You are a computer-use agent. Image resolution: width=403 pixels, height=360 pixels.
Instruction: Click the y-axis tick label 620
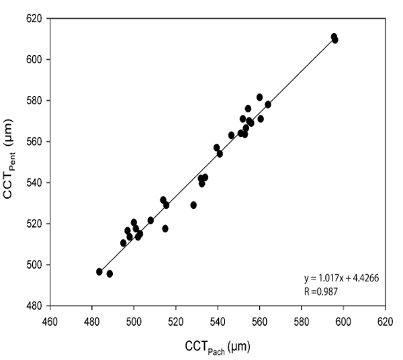pos(32,18)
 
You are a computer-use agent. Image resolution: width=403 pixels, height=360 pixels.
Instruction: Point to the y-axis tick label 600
pos(32,59)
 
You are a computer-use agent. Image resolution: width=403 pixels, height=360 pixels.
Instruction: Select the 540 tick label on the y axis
pos(32,183)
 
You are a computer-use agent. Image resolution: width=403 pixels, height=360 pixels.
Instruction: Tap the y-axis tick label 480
pos(32,306)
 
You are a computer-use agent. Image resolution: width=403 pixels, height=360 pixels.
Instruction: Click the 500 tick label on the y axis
pos(32,265)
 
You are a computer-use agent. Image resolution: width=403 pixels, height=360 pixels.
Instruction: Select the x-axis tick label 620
pos(385,320)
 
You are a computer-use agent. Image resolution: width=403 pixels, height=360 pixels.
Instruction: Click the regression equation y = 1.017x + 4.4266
pos(342,278)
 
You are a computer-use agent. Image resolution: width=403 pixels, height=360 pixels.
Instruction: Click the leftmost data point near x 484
pos(99,272)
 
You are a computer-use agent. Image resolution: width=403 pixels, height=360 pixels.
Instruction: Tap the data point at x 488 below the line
pos(109,274)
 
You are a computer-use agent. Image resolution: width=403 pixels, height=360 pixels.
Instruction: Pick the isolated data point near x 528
pos(193,205)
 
